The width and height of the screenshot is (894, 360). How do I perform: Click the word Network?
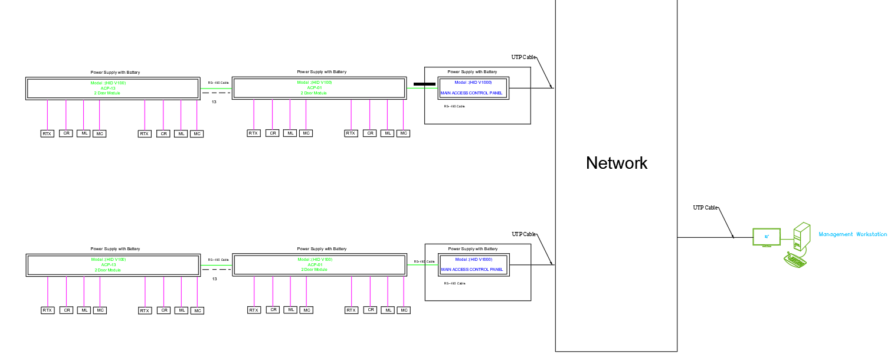pyautogui.click(x=617, y=163)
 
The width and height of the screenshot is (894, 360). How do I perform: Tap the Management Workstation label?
pyautogui.click(x=853, y=234)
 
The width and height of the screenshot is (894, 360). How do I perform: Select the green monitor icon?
pyautogui.click(x=767, y=237)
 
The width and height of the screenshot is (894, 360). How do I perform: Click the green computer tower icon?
pyautogui.click(x=801, y=237)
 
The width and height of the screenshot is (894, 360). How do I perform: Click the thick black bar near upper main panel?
pyautogui.click(x=424, y=84)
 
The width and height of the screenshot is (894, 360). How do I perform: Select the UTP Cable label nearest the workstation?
pyautogui.click(x=705, y=208)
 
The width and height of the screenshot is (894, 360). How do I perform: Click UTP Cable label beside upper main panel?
pyautogui.click(x=523, y=57)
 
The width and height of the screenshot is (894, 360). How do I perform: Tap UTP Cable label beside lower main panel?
pyautogui.click(x=523, y=234)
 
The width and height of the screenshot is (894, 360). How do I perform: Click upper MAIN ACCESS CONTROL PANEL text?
pyautogui.click(x=472, y=93)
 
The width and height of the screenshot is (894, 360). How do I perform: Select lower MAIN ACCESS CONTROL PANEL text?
pyautogui.click(x=472, y=270)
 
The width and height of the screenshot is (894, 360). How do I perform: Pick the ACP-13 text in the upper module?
pyautogui.click(x=108, y=88)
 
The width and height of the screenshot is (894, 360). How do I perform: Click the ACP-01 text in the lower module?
pyautogui.click(x=314, y=265)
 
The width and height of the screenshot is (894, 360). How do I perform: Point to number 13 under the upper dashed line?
pyautogui.click(x=214, y=102)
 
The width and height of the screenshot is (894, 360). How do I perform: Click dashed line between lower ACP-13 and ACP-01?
pyautogui.click(x=216, y=269)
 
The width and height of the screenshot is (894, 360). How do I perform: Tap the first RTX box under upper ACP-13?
pyautogui.click(x=47, y=134)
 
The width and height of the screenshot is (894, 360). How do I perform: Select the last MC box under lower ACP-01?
pyautogui.click(x=404, y=310)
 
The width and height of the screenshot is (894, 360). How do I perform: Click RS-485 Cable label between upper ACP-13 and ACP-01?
pyautogui.click(x=218, y=83)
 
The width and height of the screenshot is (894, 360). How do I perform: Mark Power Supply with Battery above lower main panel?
pyautogui.click(x=473, y=249)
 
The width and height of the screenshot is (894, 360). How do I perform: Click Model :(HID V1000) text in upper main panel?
pyautogui.click(x=473, y=83)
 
